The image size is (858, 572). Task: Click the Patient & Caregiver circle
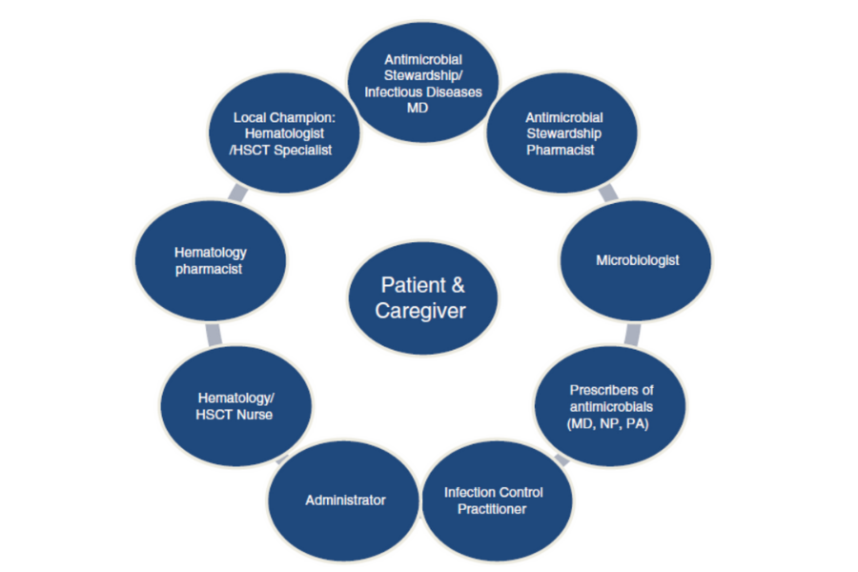(x=422, y=298)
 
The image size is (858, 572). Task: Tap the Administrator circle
(x=345, y=500)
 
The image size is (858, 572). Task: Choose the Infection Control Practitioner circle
(x=494, y=500)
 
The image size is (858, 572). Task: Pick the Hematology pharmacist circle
(x=211, y=260)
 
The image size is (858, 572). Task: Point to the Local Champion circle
(x=283, y=133)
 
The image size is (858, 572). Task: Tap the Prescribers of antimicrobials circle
(x=611, y=405)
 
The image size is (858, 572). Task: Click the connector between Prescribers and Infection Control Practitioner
(x=562, y=460)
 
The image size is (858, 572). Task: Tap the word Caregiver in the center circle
(x=422, y=312)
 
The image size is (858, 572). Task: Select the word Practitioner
(x=494, y=508)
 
